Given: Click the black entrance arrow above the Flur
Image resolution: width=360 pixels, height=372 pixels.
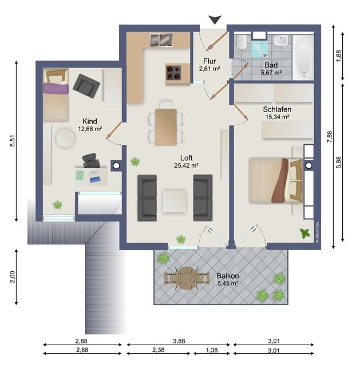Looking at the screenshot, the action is coord(215,19).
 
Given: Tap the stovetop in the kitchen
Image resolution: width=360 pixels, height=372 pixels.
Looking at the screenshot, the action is coord(173,73).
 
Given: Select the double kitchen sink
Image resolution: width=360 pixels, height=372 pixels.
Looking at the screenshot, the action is coord(161,40).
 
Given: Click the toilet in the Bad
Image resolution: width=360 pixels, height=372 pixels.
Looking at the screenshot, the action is coord(242,42).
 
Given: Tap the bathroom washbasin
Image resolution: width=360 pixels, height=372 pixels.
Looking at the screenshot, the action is coord(281,41).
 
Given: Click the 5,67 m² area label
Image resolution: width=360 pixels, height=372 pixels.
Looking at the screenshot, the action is coord(271,73).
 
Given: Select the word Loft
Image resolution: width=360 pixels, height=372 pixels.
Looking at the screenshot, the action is coord(186,158).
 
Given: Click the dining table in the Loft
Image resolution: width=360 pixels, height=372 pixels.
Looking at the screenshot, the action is coord(166,127).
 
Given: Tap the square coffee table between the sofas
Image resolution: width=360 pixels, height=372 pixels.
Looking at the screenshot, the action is coord(175,201).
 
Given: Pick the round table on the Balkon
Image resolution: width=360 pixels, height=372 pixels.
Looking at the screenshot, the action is coord(187,278).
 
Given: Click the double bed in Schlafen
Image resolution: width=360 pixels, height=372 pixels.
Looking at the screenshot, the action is coord(276,180).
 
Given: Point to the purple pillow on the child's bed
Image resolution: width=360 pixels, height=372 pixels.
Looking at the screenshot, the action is coord(56,88).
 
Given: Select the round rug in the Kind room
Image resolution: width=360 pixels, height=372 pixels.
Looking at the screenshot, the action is coord(65,138).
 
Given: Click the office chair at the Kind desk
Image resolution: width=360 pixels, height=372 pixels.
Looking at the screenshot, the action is coord(91,161).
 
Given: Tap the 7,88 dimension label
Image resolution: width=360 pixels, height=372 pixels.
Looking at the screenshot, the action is coord(330,137).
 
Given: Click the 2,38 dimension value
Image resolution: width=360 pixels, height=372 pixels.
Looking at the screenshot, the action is coord(159,350).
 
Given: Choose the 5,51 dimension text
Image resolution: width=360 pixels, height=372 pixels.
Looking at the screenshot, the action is coord(13,141).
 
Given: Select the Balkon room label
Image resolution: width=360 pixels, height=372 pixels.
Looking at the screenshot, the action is coord(228,276).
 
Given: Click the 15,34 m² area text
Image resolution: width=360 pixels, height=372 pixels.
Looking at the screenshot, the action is coord(277,117).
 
